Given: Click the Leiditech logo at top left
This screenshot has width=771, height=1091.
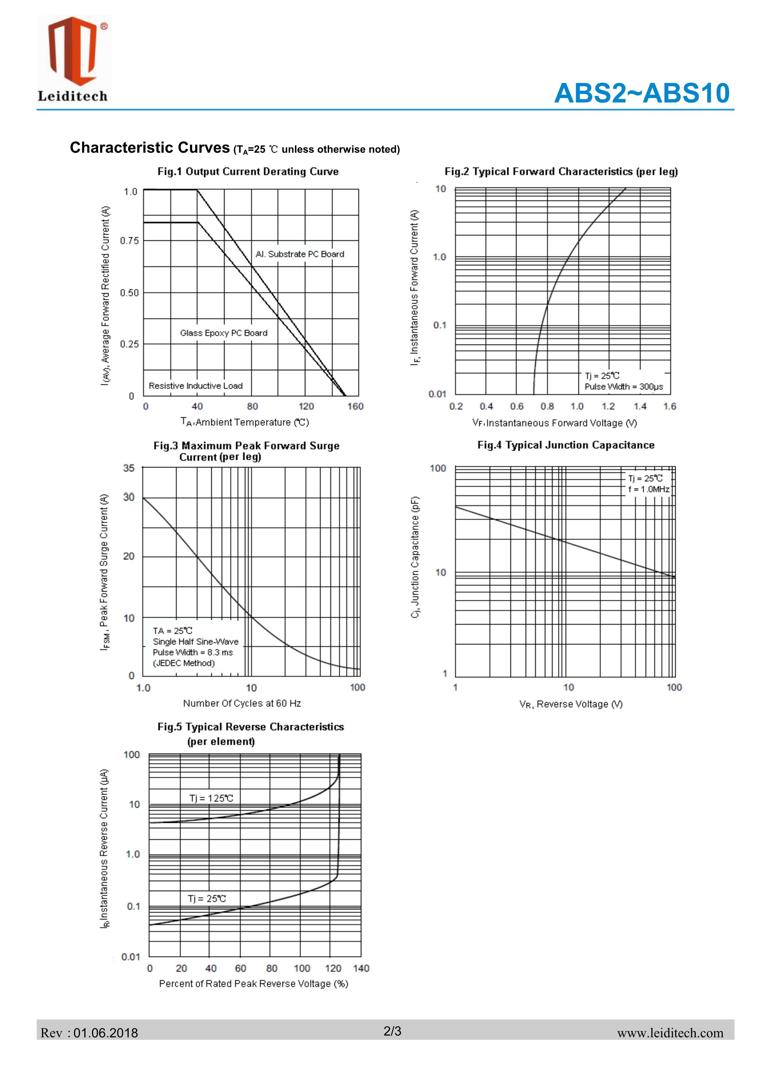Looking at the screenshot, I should tap(74, 59).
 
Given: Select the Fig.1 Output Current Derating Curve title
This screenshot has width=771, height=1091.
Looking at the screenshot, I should tap(248, 172).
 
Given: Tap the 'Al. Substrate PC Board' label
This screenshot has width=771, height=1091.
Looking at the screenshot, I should tap(300, 254).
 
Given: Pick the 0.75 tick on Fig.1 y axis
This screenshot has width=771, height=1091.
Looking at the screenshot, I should tap(129, 241).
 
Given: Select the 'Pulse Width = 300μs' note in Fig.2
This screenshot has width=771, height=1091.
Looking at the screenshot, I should tap(623, 387).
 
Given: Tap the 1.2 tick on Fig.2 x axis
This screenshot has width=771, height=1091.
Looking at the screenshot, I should tap(608, 406).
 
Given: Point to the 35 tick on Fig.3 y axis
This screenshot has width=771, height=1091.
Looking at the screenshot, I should tap(129, 468).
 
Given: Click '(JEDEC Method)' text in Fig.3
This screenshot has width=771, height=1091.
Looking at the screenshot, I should tap(183, 663).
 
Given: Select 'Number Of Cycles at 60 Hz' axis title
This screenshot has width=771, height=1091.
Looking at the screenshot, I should tap(242, 703).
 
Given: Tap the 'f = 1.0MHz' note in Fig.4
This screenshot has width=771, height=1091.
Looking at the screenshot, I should tap(649, 490).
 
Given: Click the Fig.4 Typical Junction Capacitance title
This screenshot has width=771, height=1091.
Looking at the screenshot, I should tap(566, 445).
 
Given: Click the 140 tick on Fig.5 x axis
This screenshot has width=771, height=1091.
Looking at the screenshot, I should tap(361, 968).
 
